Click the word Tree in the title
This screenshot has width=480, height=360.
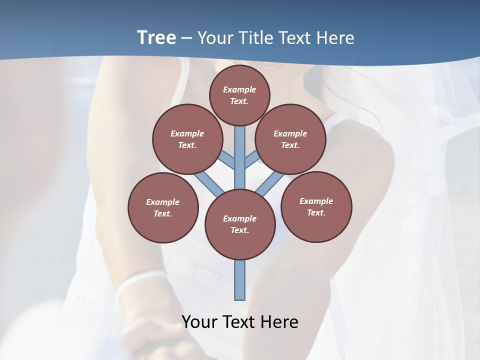(156, 37)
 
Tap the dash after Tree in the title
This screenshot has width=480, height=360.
(187, 38)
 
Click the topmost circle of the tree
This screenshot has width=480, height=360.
(239, 95)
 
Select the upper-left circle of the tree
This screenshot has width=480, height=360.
(187, 139)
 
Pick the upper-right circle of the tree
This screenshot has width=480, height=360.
(290, 139)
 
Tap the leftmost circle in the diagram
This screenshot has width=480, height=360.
(163, 207)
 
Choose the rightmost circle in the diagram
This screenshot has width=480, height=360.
(316, 206)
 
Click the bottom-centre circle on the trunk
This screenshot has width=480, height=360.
(240, 224)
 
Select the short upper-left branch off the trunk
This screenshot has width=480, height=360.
(228, 159)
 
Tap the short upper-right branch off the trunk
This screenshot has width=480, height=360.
(251, 159)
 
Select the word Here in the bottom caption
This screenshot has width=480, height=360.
(279, 321)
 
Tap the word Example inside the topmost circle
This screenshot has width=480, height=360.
(239, 89)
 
